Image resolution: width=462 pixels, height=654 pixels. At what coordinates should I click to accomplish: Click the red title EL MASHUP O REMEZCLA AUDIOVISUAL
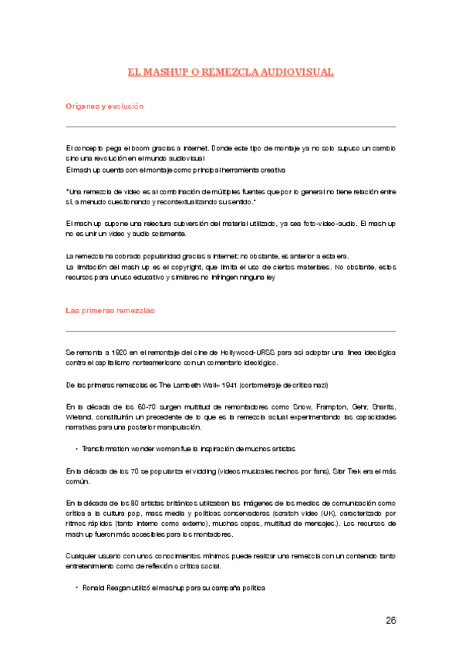231,72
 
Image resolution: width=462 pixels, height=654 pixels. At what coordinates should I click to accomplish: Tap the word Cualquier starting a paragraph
84,555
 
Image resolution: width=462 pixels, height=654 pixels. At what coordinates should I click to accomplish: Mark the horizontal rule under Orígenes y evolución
231,126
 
